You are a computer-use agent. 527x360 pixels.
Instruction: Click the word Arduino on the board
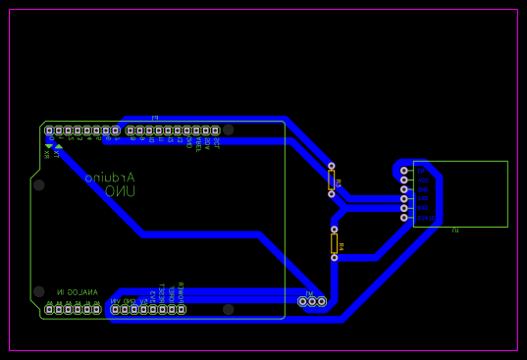[x=111, y=178]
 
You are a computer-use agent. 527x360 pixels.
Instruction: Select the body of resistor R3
[x=332, y=180]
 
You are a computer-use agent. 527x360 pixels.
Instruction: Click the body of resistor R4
[x=335, y=243]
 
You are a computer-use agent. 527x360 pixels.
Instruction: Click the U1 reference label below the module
[x=455, y=231]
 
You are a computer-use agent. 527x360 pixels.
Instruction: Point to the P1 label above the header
[x=155, y=118]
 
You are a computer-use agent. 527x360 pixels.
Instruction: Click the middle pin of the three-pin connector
[x=312, y=301]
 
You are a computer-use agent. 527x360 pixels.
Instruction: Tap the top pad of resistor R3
[x=332, y=166]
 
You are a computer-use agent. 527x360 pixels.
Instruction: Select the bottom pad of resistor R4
[x=335, y=258]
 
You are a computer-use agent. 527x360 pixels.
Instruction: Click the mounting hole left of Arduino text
[x=38, y=184]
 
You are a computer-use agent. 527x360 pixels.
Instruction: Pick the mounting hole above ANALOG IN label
[x=38, y=291]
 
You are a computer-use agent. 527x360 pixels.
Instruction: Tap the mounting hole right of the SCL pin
[x=229, y=129]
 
